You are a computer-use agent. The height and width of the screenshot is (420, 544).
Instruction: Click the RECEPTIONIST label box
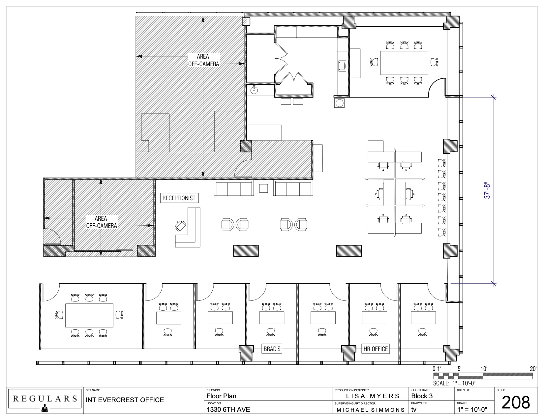point(179,198)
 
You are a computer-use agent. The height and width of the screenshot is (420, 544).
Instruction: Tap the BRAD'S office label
point(272,349)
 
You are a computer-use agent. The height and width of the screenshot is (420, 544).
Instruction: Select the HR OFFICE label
point(375,349)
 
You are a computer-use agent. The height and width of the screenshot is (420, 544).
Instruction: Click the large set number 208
point(516,403)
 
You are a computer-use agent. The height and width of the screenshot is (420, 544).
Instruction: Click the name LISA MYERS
point(373,396)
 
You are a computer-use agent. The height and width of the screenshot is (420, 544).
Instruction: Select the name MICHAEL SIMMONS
point(371,410)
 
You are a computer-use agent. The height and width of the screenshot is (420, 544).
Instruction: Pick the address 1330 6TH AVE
point(228,409)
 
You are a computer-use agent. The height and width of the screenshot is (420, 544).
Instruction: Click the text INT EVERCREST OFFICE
point(125,400)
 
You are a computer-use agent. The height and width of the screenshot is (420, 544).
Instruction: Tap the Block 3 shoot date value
point(422,396)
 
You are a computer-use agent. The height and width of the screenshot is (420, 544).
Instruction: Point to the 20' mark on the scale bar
point(533,369)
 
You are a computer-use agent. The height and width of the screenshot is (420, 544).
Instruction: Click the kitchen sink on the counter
point(342,66)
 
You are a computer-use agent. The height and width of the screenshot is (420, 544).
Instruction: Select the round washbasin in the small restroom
point(254,90)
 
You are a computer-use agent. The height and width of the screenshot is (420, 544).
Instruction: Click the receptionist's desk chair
point(181,226)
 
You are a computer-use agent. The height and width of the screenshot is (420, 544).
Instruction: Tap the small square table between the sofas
point(263,188)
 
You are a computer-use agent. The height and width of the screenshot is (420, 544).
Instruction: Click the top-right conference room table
point(404,63)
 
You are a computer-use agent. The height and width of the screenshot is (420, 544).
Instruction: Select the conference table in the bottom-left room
point(89,315)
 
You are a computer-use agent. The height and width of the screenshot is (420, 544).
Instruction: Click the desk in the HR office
point(374,318)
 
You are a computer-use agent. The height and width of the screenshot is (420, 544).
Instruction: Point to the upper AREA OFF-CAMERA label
point(203,60)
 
